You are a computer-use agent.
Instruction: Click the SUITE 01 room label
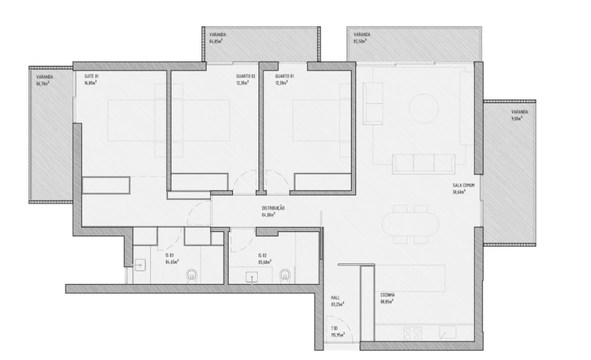coord(91,76)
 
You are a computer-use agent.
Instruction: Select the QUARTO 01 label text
coord(285,76)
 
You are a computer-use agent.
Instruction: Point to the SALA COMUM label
coord(463,186)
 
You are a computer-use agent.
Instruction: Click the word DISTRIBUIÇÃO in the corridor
coord(273,208)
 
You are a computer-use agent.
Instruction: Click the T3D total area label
coord(335,329)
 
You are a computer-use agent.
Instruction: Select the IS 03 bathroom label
coord(170,255)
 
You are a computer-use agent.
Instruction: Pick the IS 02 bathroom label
coord(262,255)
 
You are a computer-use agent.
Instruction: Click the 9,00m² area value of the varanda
coord(516,119)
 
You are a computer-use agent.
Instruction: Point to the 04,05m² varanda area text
coord(216,41)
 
